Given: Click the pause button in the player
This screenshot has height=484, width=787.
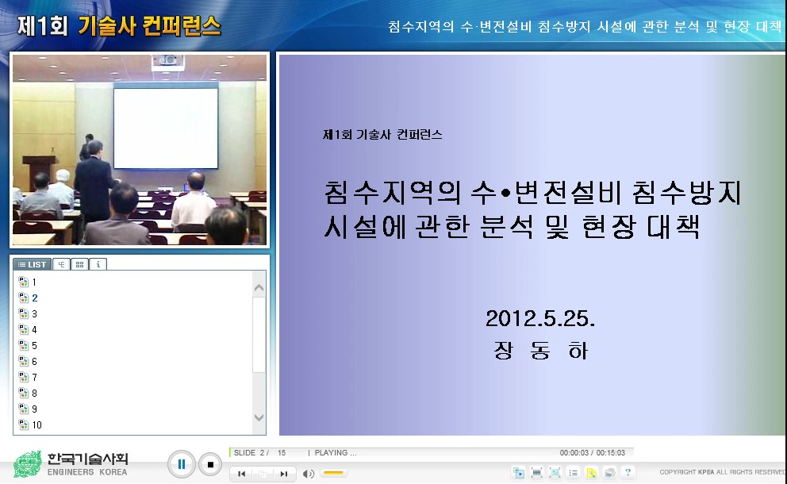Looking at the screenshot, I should pos(181,464).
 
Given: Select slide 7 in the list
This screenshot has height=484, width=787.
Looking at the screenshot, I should pos(33,378).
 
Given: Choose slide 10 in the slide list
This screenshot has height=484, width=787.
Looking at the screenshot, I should pos(36,425).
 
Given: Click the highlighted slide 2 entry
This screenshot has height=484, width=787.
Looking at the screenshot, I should pos(34,298).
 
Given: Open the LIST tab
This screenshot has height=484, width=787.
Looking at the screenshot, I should pos(33,264).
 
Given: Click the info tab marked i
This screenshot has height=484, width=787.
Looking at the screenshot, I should pos(98,264).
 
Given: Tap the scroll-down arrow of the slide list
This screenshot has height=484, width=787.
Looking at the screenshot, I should pos(259,417).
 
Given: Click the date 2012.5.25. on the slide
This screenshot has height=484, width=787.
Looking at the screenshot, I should pos(540,320).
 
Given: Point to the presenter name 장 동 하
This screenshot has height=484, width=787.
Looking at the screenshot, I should pos(540,351).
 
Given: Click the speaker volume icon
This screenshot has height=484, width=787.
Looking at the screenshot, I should pos(309,474).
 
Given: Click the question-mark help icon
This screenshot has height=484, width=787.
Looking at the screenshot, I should pos(628,472).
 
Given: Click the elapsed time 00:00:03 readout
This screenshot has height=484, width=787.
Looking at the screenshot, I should pos(576,453).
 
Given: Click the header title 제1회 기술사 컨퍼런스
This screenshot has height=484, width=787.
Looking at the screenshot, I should pos(119,26).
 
